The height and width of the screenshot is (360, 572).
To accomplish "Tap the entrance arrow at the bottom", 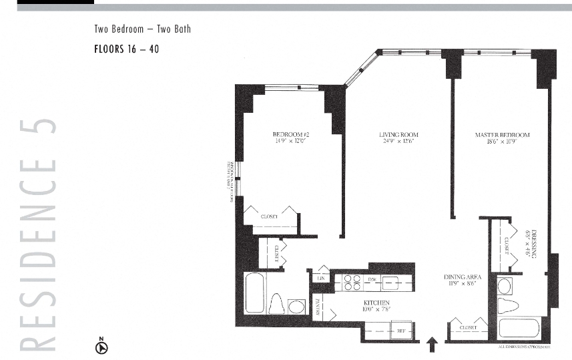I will tap(432, 344).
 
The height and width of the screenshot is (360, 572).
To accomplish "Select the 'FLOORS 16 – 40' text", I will tap(126, 49).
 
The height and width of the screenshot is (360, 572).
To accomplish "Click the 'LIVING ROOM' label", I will tap(398, 135).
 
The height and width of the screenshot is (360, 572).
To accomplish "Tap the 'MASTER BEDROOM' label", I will tap(502, 135).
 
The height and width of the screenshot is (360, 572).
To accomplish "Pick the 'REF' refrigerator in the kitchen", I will tap(400, 330).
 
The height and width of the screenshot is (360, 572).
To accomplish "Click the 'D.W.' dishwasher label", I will tap(373, 279).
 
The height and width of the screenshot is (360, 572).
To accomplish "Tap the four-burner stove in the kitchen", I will tap(352, 283).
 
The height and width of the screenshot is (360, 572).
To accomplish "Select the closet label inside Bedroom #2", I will tap(270, 216).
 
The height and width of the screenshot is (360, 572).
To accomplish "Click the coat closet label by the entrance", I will tap(468, 328).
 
